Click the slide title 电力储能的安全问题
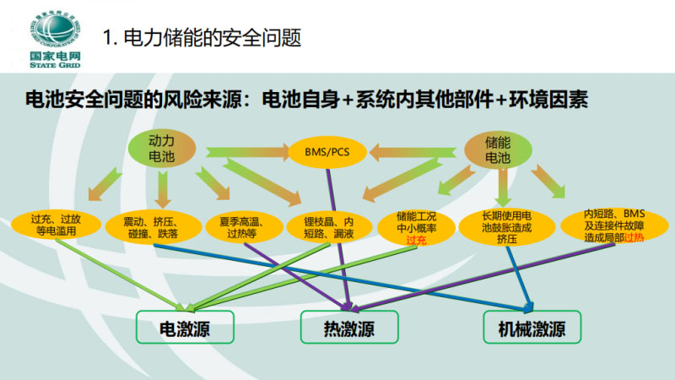coord(202,38)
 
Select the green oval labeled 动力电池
coord(162,148)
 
